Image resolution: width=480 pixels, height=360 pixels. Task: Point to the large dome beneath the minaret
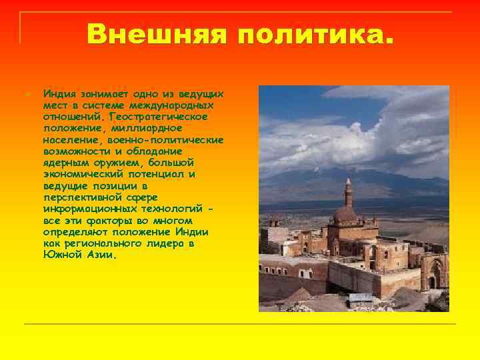(x=345, y=215)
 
